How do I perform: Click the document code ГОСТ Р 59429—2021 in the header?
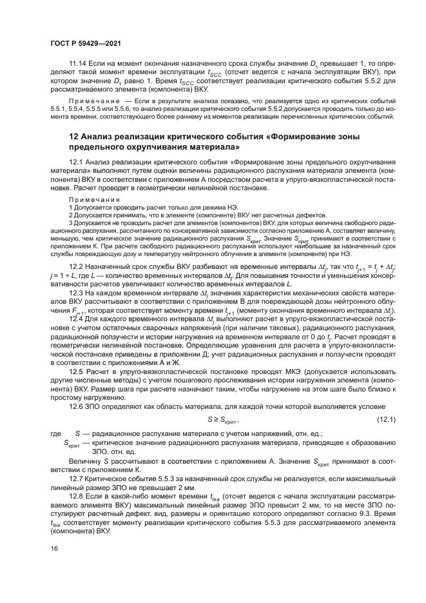pos(86,43)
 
